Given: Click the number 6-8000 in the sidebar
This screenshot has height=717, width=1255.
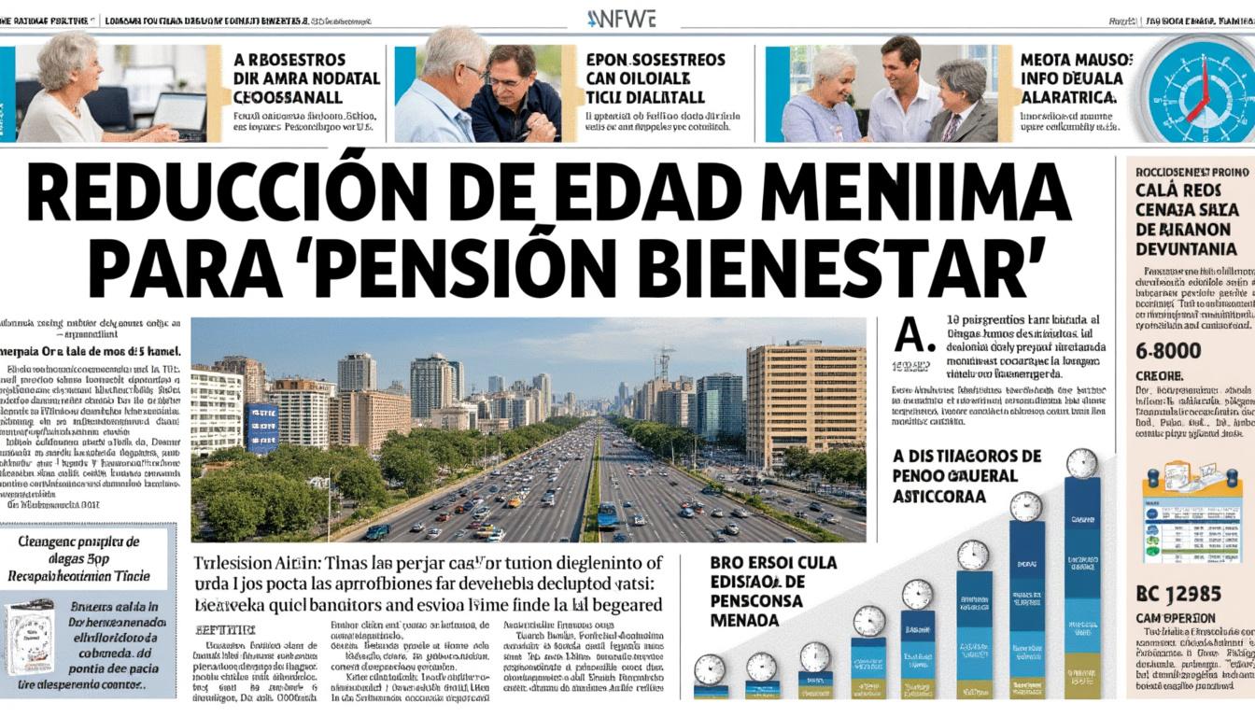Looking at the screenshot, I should coord(1168,351).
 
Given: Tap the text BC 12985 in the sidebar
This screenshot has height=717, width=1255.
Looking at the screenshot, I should coord(1177,593).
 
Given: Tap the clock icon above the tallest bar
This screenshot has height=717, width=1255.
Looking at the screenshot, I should coord(1081,462).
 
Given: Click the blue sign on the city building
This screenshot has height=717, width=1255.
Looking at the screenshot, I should coord(261,427).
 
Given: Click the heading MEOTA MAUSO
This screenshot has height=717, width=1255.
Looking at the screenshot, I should coord(1075,60).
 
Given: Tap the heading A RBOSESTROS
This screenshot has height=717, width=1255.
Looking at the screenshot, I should coord(289,60).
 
